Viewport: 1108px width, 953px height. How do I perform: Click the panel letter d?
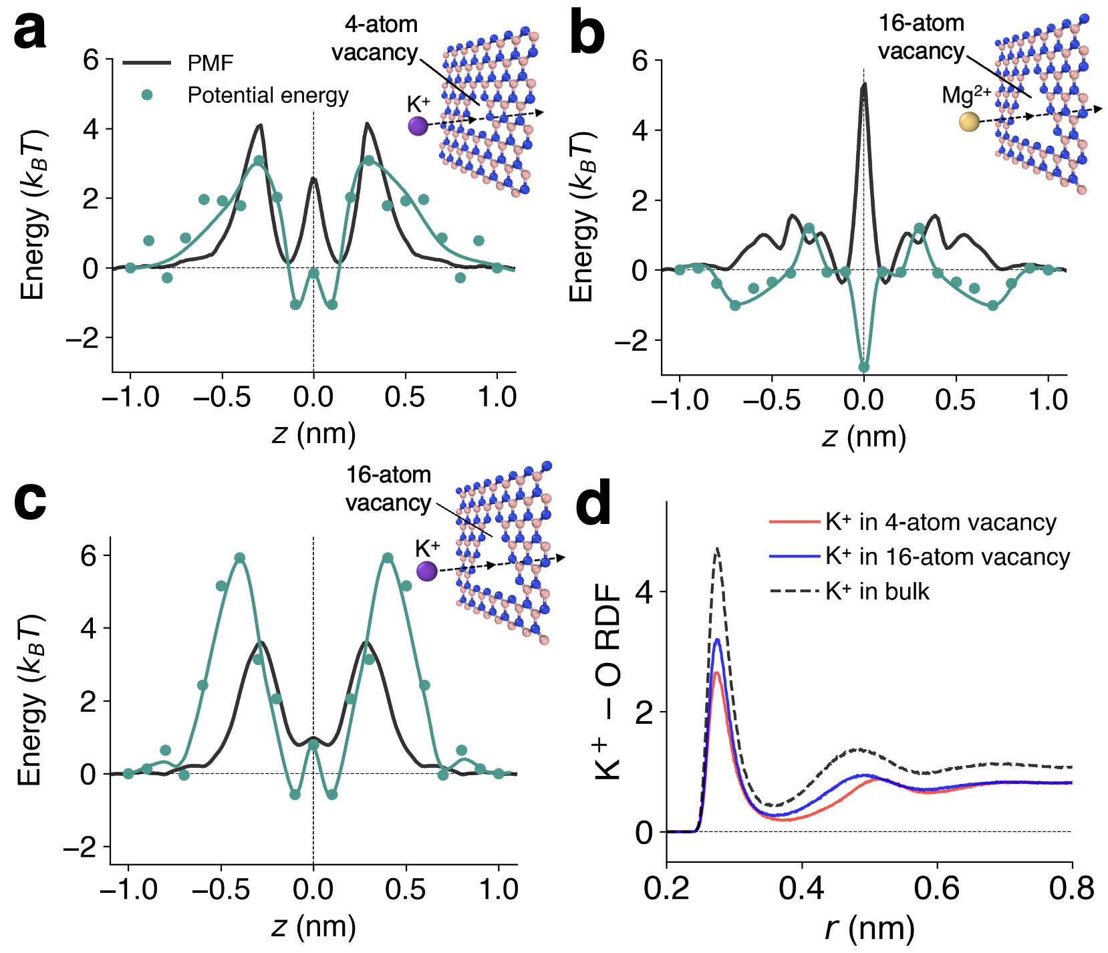pos(593,502)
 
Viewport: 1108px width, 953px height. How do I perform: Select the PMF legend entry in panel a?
pos(210,63)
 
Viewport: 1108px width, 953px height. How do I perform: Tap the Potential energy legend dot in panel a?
pos(147,95)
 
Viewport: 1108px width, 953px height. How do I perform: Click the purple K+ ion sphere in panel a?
pos(418,125)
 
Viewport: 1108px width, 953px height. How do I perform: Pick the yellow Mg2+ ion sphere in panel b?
pos(969,122)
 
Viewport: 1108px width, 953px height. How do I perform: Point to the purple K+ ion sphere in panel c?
pos(426,571)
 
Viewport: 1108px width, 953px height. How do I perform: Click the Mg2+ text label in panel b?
pos(966,95)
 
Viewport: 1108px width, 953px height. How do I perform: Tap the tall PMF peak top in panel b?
pos(864,85)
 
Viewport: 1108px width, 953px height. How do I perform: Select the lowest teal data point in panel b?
pos(864,367)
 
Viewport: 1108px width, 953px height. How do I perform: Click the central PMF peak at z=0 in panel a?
pos(313,179)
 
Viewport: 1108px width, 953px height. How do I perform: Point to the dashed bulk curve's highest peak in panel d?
pos(717,549)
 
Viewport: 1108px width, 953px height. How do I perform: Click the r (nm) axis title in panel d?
pos(869,928)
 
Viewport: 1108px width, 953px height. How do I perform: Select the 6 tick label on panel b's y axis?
pos(640,61)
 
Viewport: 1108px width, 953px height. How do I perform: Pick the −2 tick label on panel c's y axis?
pos(80,848)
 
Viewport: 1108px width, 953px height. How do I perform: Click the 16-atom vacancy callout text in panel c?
pos(388,489)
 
